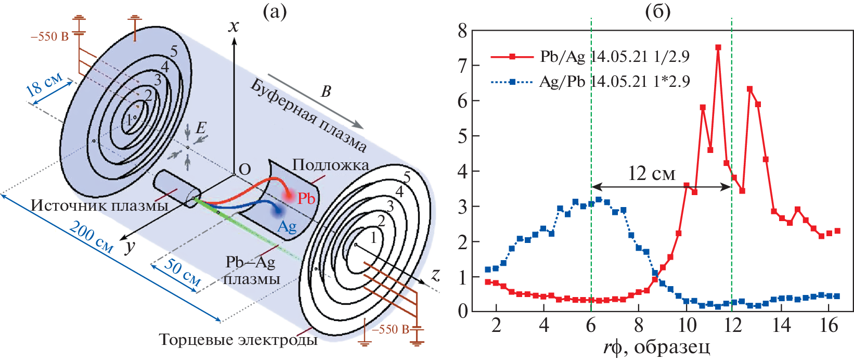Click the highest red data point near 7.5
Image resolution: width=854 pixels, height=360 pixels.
[718, 47]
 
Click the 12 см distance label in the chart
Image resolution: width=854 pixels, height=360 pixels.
[651, 173]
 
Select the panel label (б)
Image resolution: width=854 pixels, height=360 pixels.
[657, 11]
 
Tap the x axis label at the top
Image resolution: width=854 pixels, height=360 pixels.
[234, 26]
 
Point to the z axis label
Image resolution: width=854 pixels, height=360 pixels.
[436, 275]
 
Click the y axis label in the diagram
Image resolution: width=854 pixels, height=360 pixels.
[129, 246]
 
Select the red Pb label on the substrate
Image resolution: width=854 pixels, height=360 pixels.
[306, 198]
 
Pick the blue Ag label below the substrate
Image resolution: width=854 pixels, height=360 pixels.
[287, 226]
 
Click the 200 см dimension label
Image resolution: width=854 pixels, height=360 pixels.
[91, 237]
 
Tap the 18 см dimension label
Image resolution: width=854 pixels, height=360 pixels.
[44, 83]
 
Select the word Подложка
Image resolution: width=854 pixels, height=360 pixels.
[331, 165]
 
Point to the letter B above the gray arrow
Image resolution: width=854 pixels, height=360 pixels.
[326, 92]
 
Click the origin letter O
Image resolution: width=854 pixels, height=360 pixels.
[244, 170]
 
